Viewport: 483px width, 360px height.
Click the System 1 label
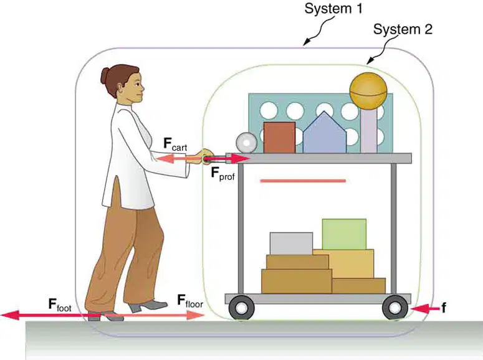tap(333, 9)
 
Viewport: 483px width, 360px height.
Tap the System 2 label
tap(403, 29)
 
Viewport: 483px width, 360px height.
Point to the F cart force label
tap(175, 144)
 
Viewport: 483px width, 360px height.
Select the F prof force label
tap(222, 173)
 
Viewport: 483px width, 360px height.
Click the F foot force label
tap(60, 305)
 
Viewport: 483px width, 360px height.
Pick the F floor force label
tap(190, 301)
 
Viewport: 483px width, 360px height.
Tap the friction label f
tap(444, 307)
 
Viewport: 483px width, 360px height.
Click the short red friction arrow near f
tap(425, 308)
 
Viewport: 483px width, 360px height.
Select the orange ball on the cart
tap(368, 91)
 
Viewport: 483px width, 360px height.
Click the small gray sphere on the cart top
tap(246, 143)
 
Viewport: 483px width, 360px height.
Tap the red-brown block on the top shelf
tap(279, 138)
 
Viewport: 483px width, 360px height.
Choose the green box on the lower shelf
tap(344, 234)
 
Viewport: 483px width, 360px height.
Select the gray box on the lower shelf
tap(291, 244)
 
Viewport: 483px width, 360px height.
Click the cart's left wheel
tap(242, 307)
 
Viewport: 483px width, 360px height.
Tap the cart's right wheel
tap(395, 307)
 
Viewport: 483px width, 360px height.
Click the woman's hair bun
tap(105, 75)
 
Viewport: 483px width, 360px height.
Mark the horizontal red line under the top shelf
tap(303, 181)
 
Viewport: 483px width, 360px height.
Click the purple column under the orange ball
tap(369, 131)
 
